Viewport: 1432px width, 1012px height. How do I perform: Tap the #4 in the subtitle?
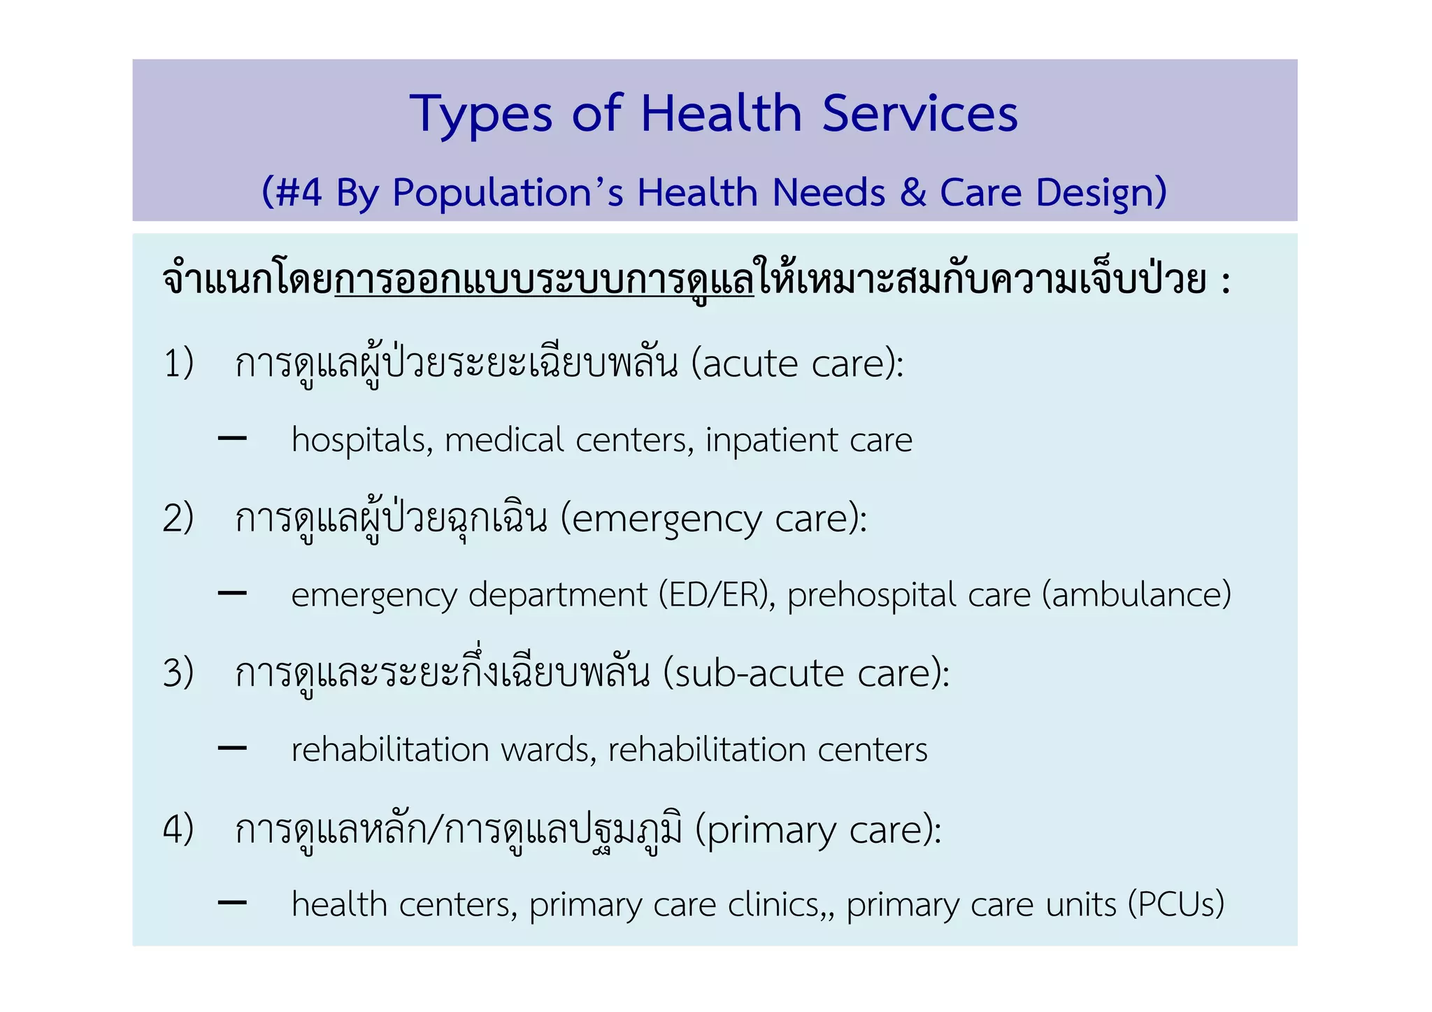[x=299, y=192]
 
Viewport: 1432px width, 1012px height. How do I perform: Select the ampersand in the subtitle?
[x=912, y=192]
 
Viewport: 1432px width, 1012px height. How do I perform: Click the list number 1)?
[x=178, y=364]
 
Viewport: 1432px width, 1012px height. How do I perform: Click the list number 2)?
[x=178, y=519]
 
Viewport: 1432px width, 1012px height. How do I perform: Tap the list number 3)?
[x=178, y=673]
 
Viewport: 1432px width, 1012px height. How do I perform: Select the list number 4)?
[x=178, y=829]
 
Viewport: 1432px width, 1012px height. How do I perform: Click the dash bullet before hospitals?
[x=232, y=439]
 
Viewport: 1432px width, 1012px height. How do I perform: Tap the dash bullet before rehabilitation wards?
[x=232, y=748]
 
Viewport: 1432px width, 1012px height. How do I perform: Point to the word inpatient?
[x=771, y=441]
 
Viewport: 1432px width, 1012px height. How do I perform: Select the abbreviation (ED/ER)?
[x=717, y=595]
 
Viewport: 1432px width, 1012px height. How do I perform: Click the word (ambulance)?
[x=1136, y=595]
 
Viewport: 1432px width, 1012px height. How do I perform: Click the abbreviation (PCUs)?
[x=1176, y=904]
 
